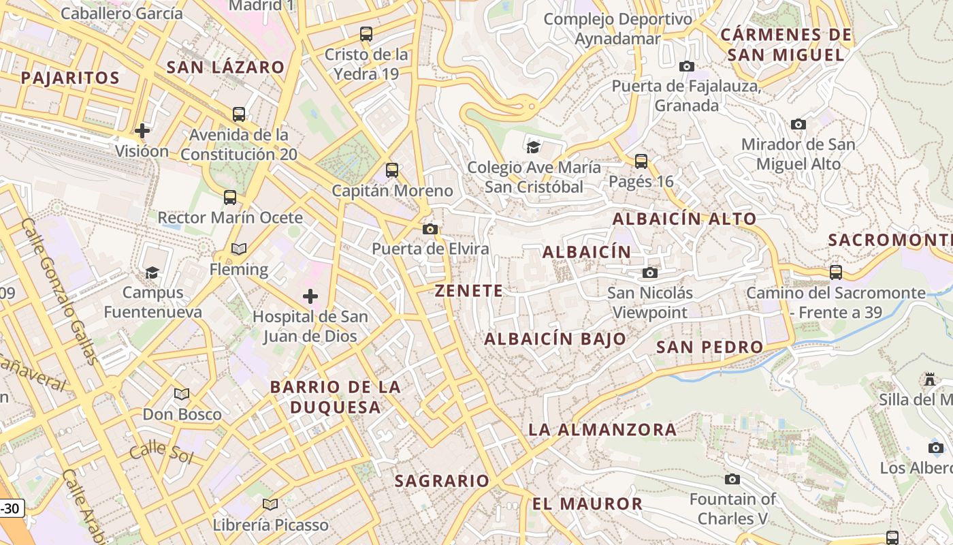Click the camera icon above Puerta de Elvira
[430, 229]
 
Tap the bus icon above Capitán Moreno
[392, 170]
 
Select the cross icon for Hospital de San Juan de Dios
[310, 296]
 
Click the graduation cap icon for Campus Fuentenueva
[152, 272]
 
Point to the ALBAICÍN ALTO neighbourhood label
[684, 219]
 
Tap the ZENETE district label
[469, 291]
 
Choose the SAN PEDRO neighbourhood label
[709, 347]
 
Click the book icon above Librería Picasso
[270, 504]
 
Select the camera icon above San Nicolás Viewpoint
[650, 272]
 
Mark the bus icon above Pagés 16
[641, 161]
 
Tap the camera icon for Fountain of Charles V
[732, 479]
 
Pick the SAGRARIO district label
[442, 481]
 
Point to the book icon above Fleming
[238, 249]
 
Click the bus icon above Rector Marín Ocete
[230, 198]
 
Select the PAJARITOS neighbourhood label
[70, 78]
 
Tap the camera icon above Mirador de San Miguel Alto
[798, 124]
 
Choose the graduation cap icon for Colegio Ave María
[534, 146]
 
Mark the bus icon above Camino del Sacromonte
[836, 272]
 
